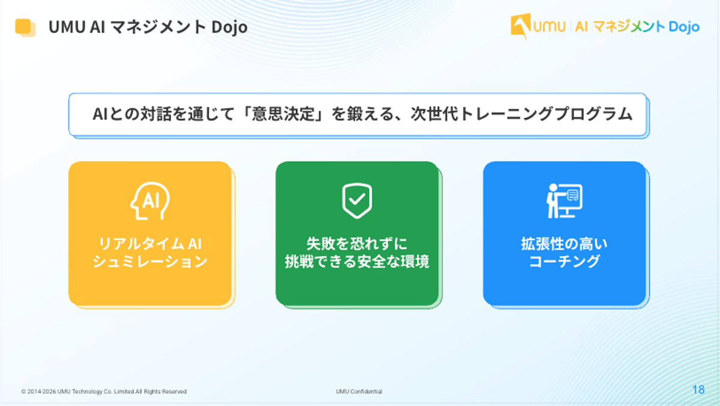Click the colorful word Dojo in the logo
coord(683,26)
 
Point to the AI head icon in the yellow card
coord(150,201)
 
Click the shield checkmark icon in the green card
coord(357,201)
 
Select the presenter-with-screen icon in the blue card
coord(564,201)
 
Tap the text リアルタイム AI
coord(150,244)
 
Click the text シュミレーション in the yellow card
coord(150,262)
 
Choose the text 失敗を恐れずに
coord(357,244)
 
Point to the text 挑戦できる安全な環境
coord(357,262)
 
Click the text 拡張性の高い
coord(564,244)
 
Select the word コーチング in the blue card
coord(564,262)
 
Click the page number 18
coord(698,390)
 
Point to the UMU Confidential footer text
coord(359,392)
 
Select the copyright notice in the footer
coord(104,392)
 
